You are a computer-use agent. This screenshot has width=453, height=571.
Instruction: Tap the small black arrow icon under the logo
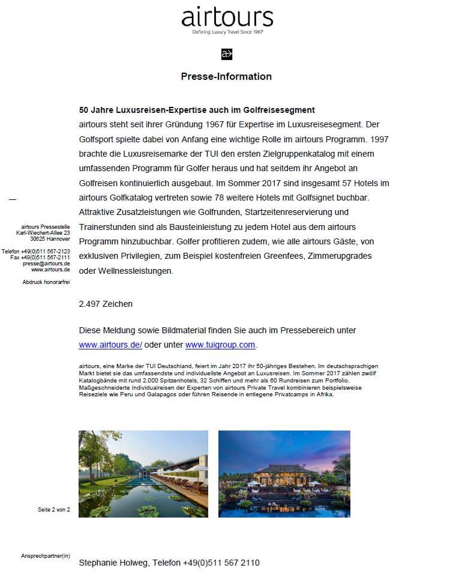(x=227, y=54)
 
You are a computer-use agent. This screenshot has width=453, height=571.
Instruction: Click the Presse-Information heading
(x=226, y=76)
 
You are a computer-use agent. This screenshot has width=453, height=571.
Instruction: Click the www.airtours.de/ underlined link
(x=110, y=345)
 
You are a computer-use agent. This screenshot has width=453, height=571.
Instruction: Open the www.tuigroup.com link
(x=220, y=345)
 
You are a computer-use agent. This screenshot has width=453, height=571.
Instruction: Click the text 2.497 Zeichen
(x=106, y=304)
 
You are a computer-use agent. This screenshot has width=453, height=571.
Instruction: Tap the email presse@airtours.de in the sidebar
(x=46, y=264)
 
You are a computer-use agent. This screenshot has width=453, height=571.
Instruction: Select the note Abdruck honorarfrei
(x=46, y=281)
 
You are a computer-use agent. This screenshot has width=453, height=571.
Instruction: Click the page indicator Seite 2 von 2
(x=54, y=510)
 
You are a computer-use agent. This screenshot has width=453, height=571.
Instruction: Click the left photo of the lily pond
(x=143, y=474)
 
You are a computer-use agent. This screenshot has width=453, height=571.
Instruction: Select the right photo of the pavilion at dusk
(x=284, y=474)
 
